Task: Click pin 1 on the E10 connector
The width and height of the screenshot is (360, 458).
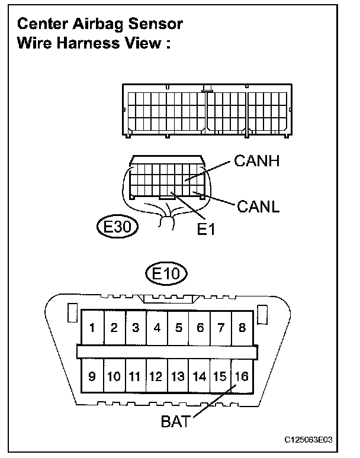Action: (93, 327)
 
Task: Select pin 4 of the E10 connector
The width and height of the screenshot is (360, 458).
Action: (157, 327)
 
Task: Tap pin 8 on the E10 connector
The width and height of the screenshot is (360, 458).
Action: (242, 327)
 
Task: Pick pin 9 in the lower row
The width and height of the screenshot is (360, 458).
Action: (93, 376)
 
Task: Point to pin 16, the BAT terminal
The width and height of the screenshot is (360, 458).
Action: (242, 376)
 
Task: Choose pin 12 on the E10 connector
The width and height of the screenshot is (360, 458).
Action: (156, 376)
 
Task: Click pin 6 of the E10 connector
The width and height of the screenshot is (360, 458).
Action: (200, 327)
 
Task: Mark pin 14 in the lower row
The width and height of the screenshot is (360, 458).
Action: (200, 376)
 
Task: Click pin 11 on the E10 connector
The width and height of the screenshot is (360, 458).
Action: (135, 376)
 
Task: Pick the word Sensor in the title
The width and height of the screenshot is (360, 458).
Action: (153, 24)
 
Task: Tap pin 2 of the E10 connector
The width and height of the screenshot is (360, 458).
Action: (114, 327)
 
